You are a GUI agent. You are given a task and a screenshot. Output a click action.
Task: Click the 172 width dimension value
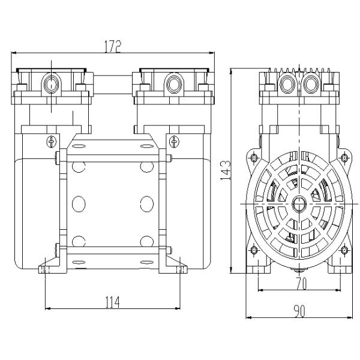coord(112,46)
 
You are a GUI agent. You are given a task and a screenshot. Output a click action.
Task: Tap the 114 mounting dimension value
coord(112,302)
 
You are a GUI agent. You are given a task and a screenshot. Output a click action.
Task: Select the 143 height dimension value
coord(225,170)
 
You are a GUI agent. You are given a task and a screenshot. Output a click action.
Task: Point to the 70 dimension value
coord(301,283)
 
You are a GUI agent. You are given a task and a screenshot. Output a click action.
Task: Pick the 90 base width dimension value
coord(299,311)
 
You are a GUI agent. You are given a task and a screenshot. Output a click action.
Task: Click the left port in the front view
coord(51,84)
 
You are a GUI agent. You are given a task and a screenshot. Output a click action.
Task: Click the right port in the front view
coord(174,84)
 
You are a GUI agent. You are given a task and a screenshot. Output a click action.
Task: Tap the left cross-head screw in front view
coord(52,142)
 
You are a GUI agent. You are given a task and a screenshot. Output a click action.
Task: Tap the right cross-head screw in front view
coord(174,142)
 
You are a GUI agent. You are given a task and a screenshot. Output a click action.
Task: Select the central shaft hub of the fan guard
coord(299,204)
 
